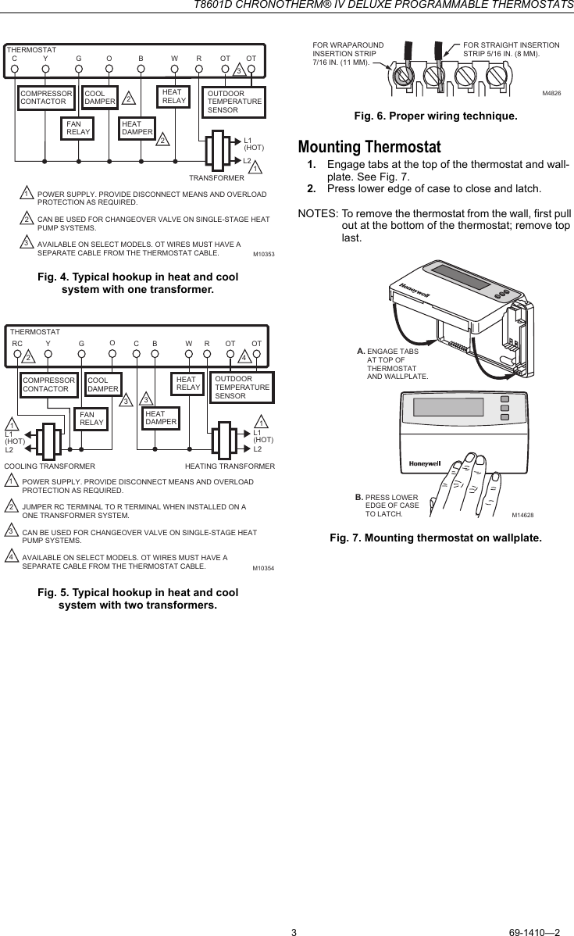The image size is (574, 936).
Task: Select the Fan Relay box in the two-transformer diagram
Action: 92,419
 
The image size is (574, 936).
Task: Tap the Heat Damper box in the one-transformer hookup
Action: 137,128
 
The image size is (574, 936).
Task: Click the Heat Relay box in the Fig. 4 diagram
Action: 173,96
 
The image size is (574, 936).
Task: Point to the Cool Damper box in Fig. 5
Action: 103,384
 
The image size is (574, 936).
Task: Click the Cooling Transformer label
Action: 49,466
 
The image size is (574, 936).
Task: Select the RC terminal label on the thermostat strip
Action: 17,343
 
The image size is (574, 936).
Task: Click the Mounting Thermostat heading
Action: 369,148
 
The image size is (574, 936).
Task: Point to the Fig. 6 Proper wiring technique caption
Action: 435,116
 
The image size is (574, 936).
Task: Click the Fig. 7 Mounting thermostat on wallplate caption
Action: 435,538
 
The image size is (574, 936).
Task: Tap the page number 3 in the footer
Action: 294,910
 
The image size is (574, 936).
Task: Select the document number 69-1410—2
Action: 534,910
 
